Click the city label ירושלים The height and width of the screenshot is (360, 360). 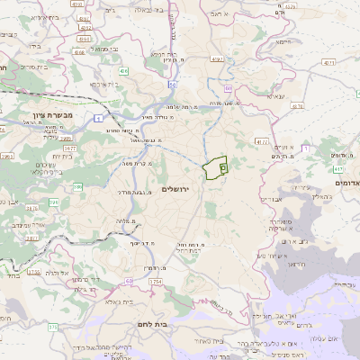click(x=178, y=189)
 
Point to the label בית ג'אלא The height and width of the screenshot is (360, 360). click(x=132, y=301)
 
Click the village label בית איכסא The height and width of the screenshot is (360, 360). click(x=97, y=84)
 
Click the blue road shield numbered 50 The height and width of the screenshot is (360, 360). click(x=229, y=88)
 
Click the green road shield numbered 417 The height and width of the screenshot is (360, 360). click(x=339, y=168)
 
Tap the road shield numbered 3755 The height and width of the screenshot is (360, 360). click(x=33, y=269)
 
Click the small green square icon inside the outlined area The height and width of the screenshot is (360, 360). click(x=222, y=166)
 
